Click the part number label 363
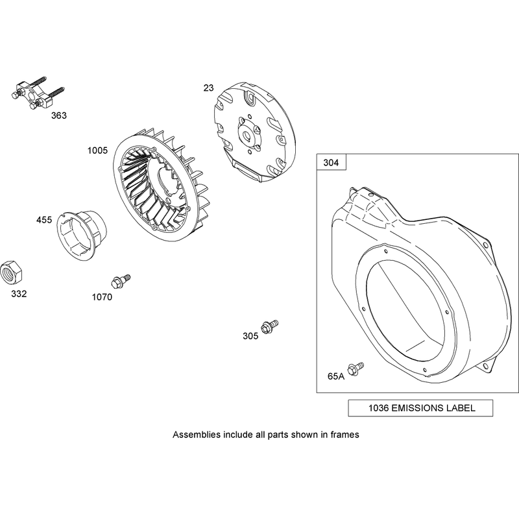[x=59, y=115]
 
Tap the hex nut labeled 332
[x=11, y=272]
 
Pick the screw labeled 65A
[x=356, y=368]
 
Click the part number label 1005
[x=98, y=151]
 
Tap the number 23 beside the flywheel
[x=208, y=88]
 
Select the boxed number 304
[x=331, y=163]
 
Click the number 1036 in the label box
[x=379, y=408]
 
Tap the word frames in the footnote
[x=345, y=435]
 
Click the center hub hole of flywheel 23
[x=247, y=135]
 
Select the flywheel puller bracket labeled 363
[x=37, y=93]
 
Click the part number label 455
[x=44, y=220]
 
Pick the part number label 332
[x=19, y=294]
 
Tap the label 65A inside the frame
[x=336, y=376]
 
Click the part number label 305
[x=250, y=336]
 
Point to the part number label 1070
[x=102, y=297]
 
